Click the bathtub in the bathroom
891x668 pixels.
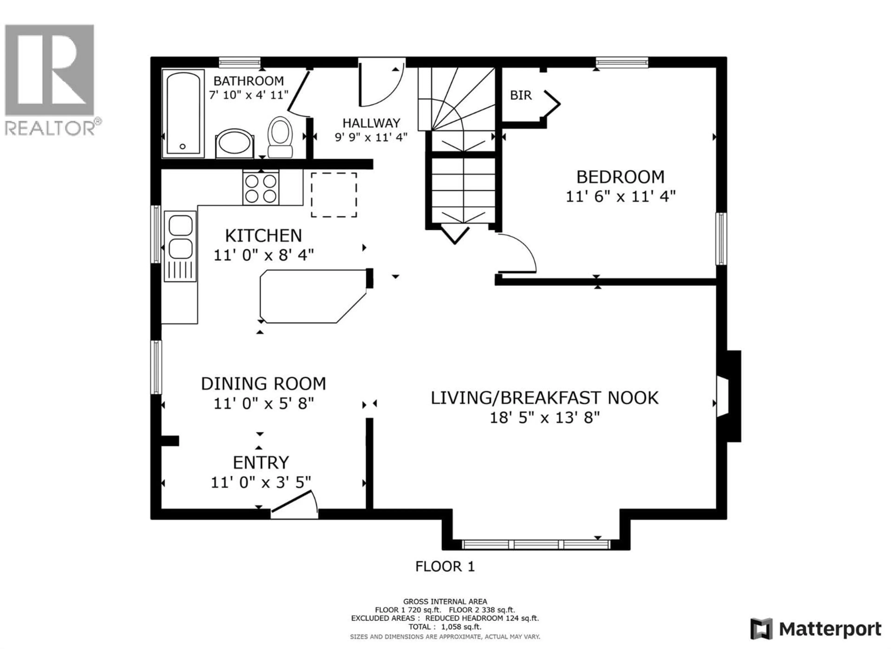click(183, 114)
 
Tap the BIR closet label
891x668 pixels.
click(521, 95)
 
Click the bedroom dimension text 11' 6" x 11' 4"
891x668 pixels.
click(620, 197)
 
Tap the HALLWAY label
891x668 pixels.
click(371, 123)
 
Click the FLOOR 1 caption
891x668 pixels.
click(445, 567)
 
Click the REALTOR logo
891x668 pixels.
click(50, 79)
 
